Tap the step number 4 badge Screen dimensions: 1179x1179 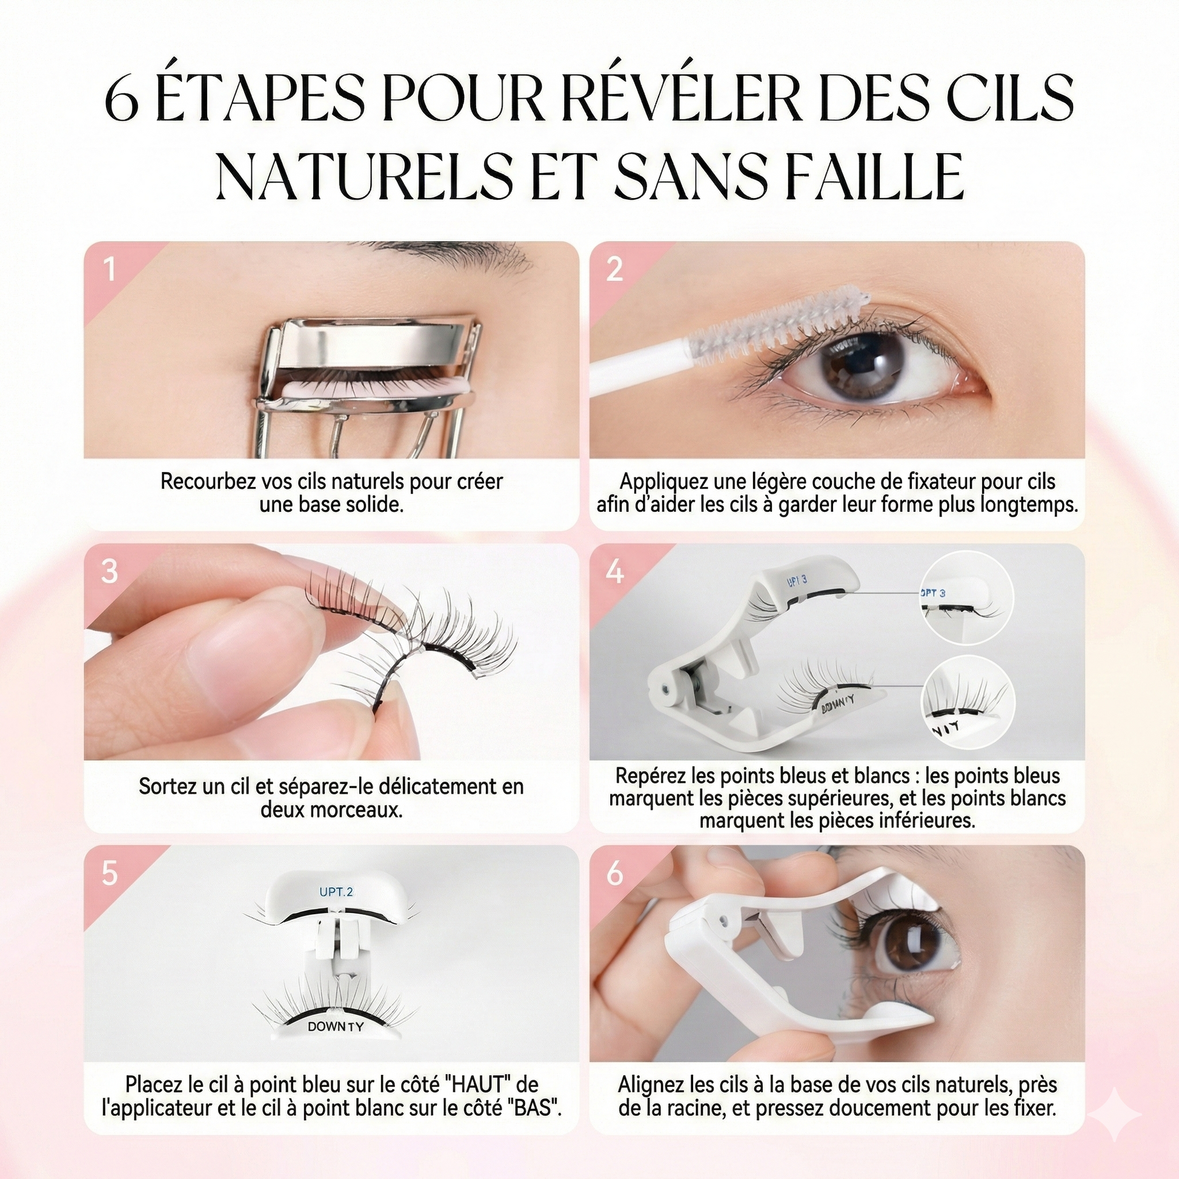(614, 572)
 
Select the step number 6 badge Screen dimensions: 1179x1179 (614, 874)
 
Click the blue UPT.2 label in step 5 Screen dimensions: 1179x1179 (336, 892)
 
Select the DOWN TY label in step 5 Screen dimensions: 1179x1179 (335, 1026)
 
